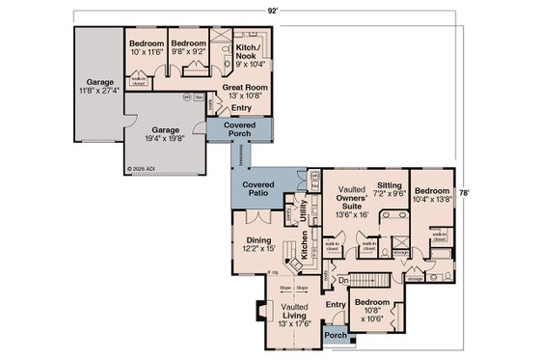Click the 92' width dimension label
click(274, 9)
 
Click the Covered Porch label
click(239, 130)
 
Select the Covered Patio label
click(258, 188)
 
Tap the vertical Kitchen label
click(304, 256)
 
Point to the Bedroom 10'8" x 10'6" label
click(371, 308)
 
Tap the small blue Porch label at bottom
click(335, 336)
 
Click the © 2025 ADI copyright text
click(142, 168)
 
